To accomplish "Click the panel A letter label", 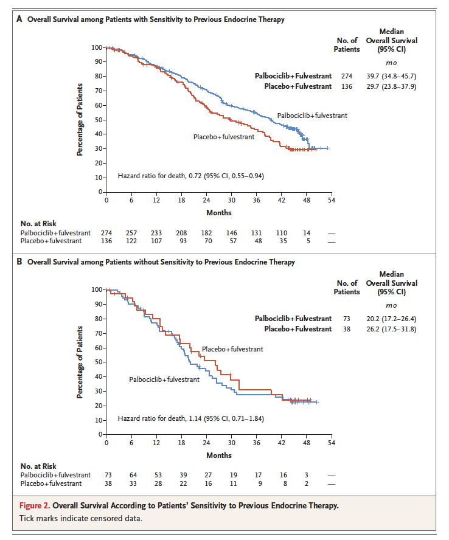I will pos(19,19).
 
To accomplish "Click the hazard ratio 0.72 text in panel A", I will pos(190,176).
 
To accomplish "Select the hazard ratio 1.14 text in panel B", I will pos(190,419).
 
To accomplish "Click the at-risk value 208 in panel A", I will pos(181,233).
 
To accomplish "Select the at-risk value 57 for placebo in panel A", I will pos(231,241).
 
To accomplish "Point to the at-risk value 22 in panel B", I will pos(181,483).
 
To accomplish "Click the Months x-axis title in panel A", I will pos(218,213).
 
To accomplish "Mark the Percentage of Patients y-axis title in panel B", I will pos(80,362).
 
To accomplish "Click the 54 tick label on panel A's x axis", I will pos(331,200).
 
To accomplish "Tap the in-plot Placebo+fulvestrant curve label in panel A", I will pos(223,137).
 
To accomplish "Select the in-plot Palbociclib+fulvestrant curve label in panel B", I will pos(164,379).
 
